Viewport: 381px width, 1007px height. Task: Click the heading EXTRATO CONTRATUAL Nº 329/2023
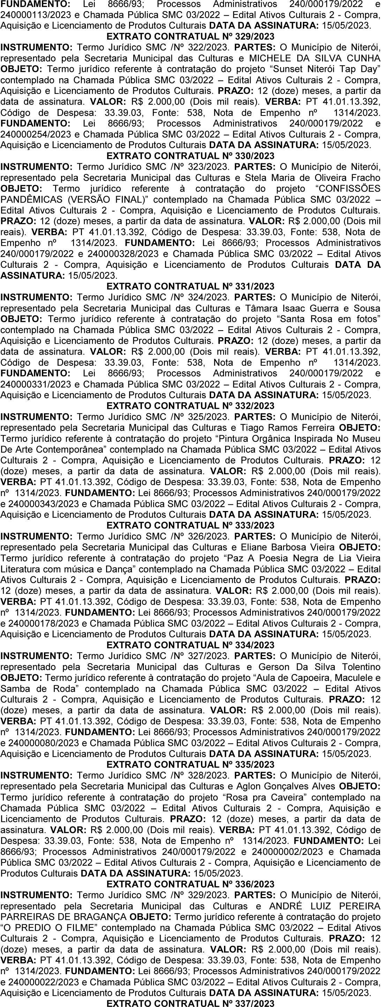190,36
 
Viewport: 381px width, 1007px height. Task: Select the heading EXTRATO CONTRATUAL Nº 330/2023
190,156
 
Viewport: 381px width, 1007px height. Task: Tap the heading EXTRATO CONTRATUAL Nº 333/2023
190,525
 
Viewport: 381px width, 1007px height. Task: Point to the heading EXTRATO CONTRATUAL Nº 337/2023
190,1003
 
